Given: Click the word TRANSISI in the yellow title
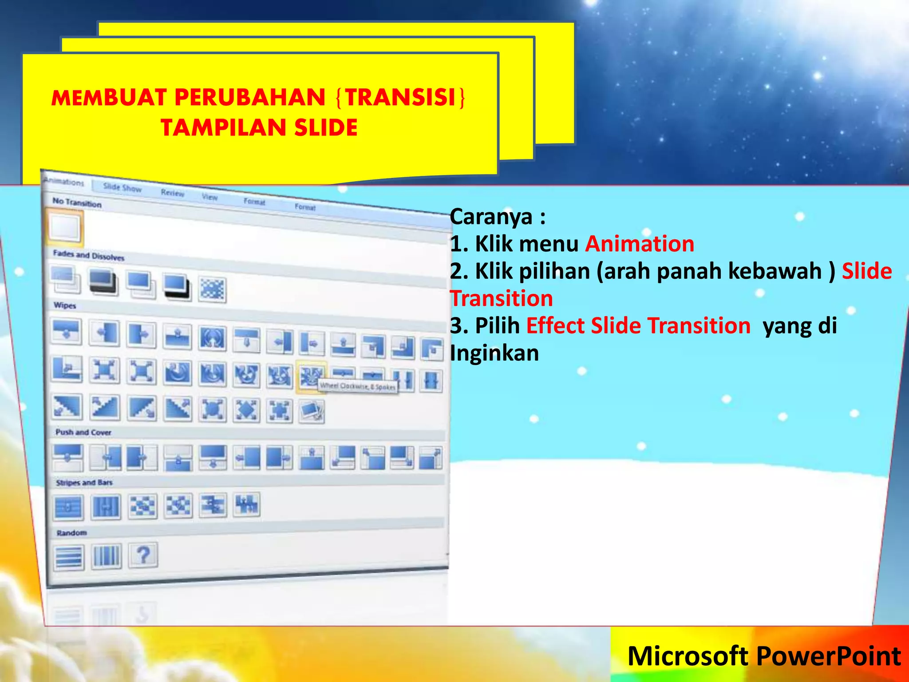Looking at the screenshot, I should click(x=401, y=97).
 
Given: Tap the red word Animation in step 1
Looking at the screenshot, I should click(x=640, y=244).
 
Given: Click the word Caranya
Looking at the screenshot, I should click(x=491, y=217).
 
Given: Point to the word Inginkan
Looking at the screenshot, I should click(x=494, y=353).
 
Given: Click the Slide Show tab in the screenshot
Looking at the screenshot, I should click(x=122, y=188).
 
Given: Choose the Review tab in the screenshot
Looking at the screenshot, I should click(x=172, y=193).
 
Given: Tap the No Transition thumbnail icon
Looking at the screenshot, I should click(x=65, y=227).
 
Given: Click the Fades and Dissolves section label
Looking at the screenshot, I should click(x=88, y=255).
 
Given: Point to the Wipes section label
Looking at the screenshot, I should click(x=65, y=305).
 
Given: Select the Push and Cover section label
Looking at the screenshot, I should click(x=83, y=432).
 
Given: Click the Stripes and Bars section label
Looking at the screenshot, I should click(x=84, y=482).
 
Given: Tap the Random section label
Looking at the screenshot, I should click(x=71, y=532).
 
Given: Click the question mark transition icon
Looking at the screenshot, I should click(x=143, y=555).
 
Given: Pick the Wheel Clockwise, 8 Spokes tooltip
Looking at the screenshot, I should click(x=358, y=386).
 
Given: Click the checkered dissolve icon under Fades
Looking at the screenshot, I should click(x=212, y=289).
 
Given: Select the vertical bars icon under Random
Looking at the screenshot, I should click(x=107, y=555).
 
